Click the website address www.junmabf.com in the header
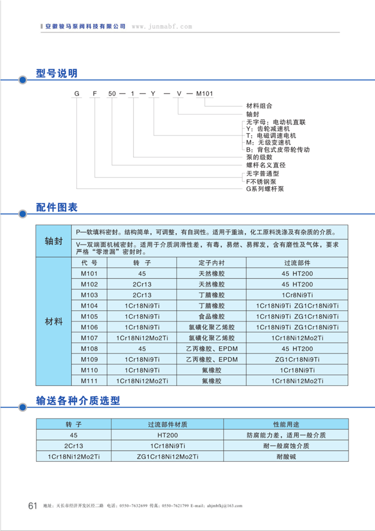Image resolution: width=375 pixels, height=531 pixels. [162, 27]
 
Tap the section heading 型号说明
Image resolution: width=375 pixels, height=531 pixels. [57, 74]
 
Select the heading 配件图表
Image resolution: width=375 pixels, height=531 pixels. [57, 207]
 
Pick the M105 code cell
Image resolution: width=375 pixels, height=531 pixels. [89, 316]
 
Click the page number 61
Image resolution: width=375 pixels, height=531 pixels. [33, 505]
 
